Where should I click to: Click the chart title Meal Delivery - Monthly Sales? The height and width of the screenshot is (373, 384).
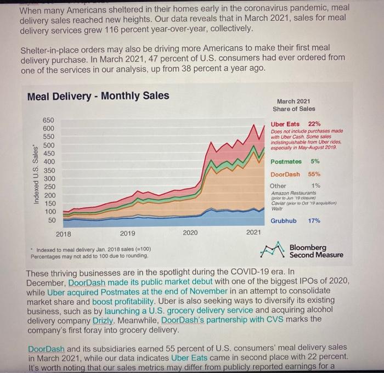click(x=98, y=97)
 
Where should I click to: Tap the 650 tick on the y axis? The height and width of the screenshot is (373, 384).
click(x=49, y=119)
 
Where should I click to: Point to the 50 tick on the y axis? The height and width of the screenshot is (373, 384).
click(x=50, y=220)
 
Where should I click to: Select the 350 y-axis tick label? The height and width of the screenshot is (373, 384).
click(x=49, y=170)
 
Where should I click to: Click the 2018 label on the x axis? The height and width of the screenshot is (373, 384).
click(x=64, y=233)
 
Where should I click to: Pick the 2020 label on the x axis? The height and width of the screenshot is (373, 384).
click(x=190, y=233)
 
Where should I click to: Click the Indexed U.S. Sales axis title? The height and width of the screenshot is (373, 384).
click(x=36, y=168)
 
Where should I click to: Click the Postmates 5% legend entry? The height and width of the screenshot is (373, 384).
click(x=295, y=162)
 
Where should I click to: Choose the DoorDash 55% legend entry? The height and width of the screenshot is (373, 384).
click(x=296, y=174)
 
